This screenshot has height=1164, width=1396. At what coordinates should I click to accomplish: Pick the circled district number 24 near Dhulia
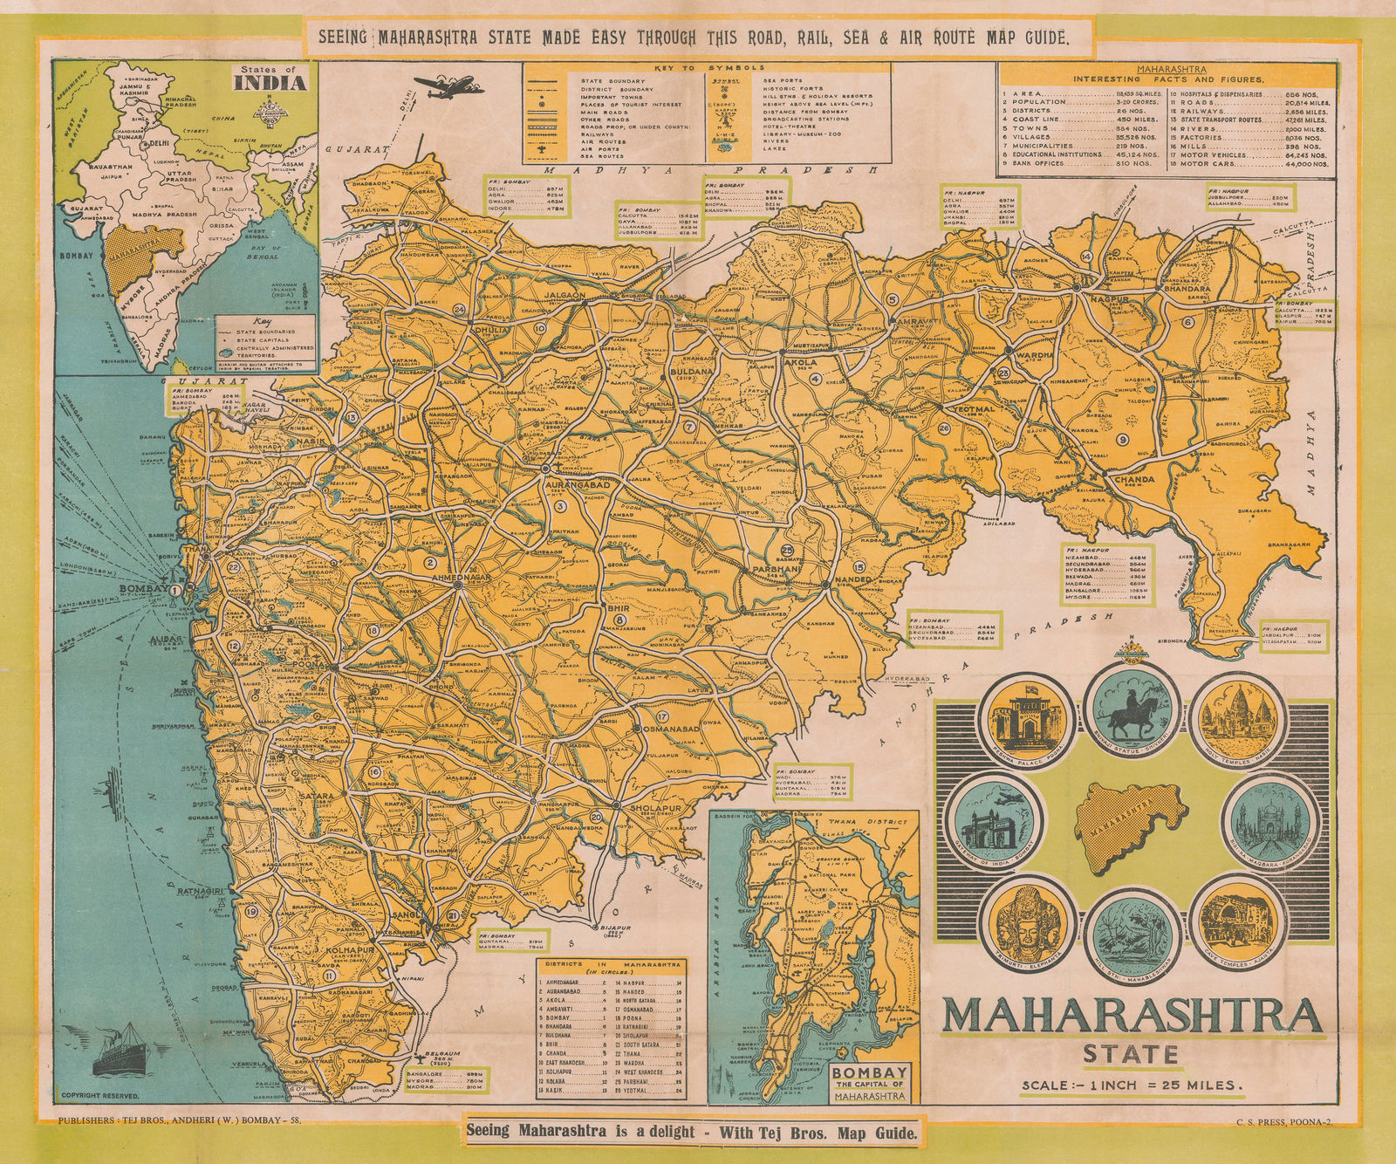tap(459, 309)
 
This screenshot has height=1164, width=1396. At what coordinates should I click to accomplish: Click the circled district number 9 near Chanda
tap(1122, 439)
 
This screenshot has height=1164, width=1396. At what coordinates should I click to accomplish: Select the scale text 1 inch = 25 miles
tap(1132, 1085)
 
